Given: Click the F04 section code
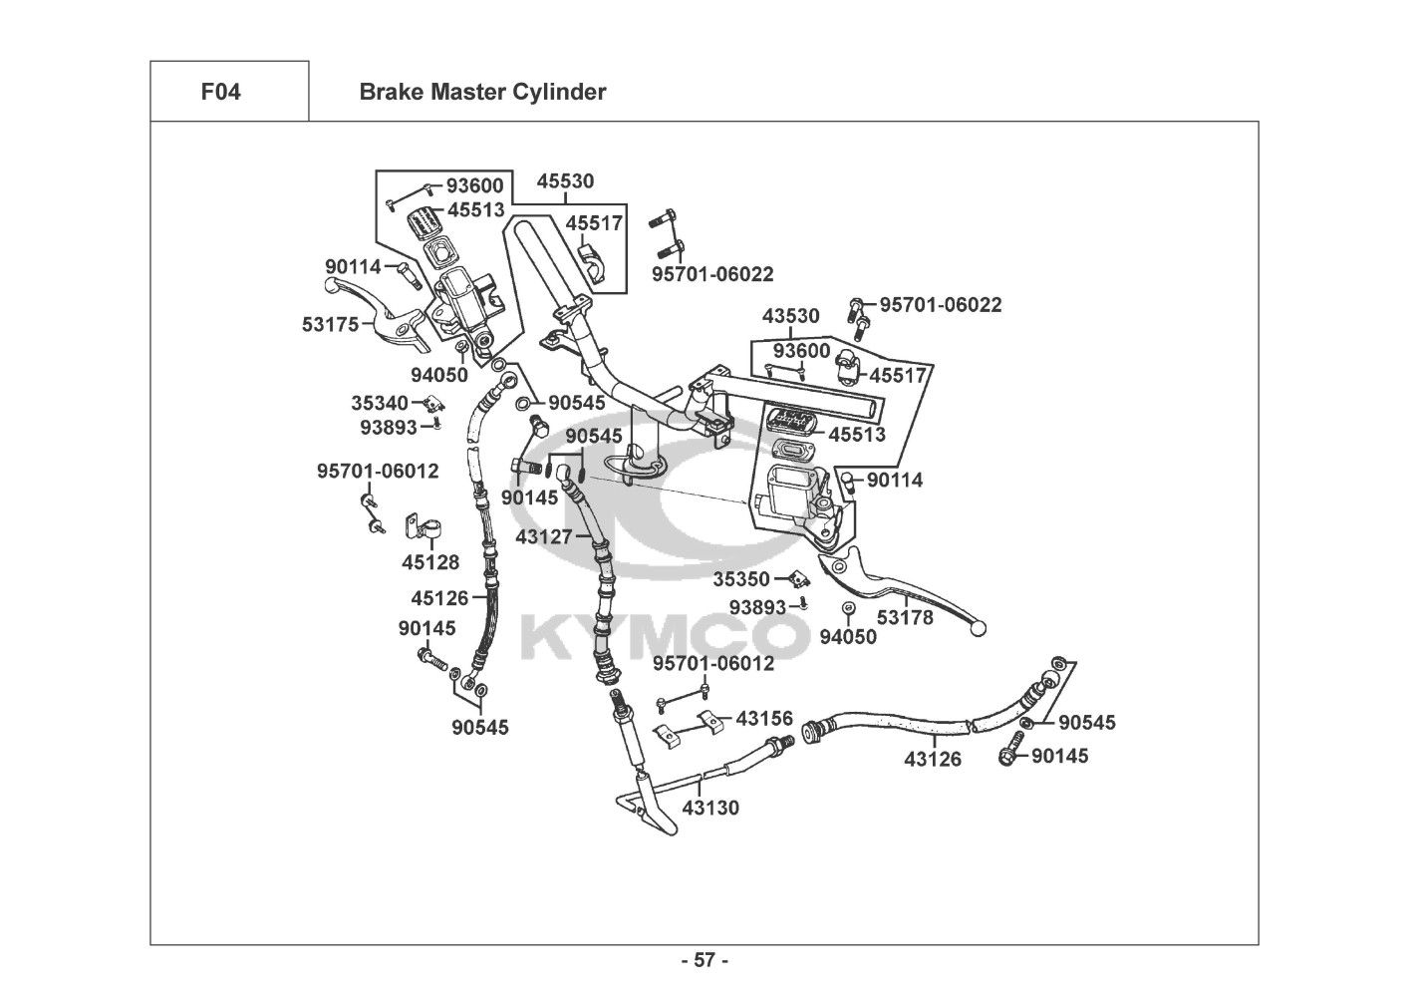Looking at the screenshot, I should tap(220, 93).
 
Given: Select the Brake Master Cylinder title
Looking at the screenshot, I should tap(482, 93).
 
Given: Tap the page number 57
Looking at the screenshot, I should tap(705, 961).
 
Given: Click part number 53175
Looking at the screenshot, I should tap(330, 324).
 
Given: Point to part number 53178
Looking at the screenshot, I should tap(905, 618).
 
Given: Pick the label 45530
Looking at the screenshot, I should tap(565, 181).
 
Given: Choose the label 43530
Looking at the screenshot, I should tap(791, 316).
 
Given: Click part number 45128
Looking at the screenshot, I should tap(430, 562).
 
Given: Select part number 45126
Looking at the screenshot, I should tap(439, 598).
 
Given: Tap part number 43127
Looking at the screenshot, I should tap(544, 536).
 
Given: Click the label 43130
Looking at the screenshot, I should tap(710, 809).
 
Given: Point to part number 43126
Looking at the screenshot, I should tap(933, 760).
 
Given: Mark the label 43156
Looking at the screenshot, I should tap(764, 718).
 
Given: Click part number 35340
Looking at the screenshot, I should tap(380, 403).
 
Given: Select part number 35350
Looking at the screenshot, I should tap(741, 579).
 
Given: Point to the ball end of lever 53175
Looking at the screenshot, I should tap(332, 284).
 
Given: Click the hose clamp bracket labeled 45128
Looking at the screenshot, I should tap(417, 528).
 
